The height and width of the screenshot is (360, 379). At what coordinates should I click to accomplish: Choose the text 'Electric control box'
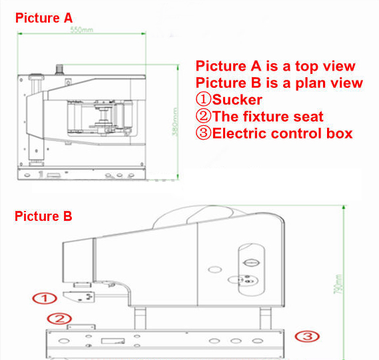[282, 134]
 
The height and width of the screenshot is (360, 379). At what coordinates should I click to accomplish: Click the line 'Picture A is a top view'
[275, 67]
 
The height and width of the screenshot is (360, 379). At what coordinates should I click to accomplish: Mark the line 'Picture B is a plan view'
[279, 83]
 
